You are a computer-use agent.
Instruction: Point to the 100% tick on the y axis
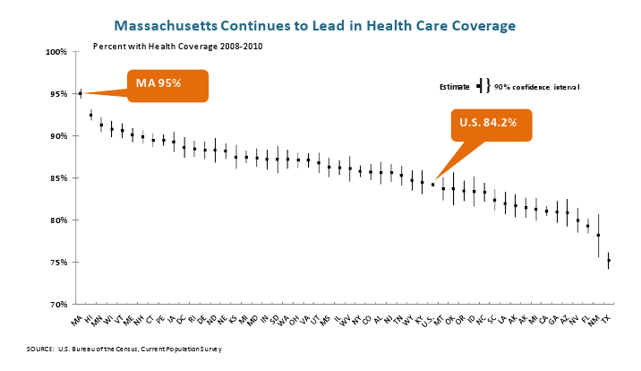57,52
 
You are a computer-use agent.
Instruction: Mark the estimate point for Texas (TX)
609,261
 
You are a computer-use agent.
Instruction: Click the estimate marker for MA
81,93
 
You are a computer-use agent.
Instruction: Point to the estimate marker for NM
598,236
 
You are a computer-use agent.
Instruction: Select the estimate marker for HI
91,116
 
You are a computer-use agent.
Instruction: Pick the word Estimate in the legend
455,86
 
